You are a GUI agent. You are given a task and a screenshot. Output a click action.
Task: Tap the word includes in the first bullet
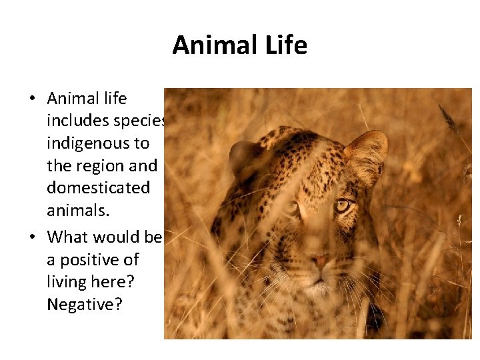coord(75,121)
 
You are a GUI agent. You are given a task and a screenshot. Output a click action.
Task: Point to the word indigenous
coord(98,143)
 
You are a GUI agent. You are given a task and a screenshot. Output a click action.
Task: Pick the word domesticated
coord(98,187)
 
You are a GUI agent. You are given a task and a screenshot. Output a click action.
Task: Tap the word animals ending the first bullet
coord(75,210)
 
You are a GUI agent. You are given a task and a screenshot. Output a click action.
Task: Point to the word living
coord(67,282)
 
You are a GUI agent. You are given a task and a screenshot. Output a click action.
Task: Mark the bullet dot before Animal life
coord(32,99)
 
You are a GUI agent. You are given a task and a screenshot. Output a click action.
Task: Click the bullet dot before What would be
coord(32,237)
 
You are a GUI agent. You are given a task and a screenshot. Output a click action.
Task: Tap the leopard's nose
coord(319,259)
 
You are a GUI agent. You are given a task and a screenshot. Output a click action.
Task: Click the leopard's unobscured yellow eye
coord(343,205)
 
